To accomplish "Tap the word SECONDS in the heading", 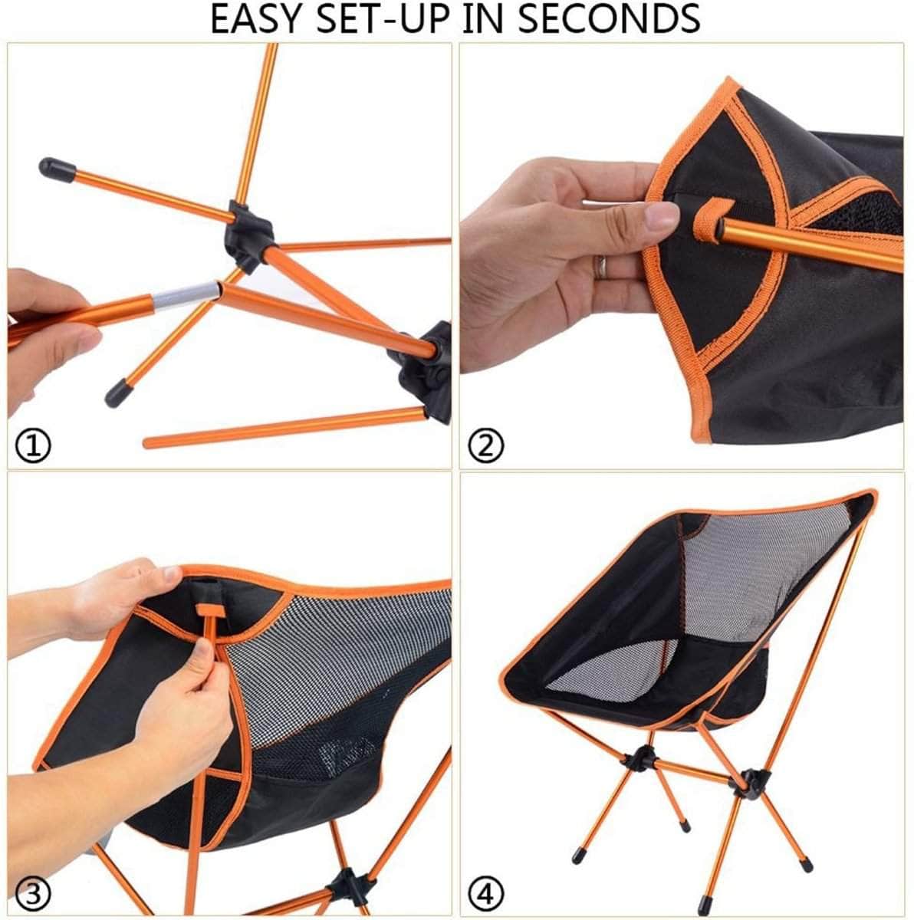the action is pyautogui.click(x=609, y=18).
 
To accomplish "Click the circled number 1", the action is pyautogui.click(x=33, y=445).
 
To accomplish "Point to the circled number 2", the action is pyautogui.click(x=486, y=445).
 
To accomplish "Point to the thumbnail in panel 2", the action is pyautogui.click(x=662, y=215).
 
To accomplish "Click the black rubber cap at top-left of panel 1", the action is pyautogui.click(x=56, y=169).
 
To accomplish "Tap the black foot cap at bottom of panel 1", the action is pyautogui.click(x=119, y=393).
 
